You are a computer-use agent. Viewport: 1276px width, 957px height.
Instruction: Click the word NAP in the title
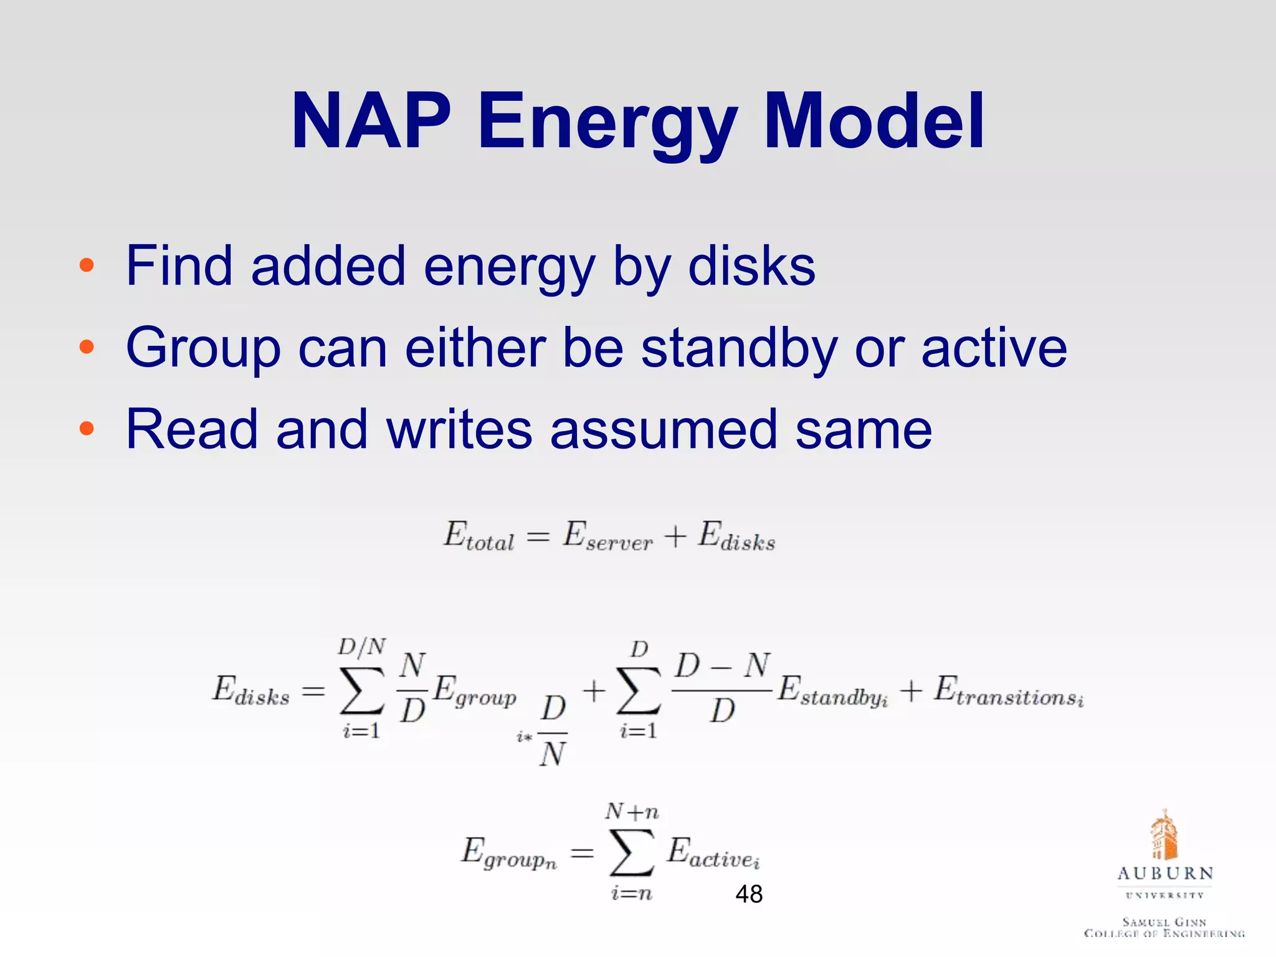click(371, 121)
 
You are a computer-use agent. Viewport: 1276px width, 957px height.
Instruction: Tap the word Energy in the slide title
click(608, 125)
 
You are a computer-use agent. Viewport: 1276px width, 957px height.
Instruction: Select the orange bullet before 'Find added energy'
click(87, 266)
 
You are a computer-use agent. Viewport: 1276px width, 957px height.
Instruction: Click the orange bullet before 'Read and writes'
click(87, 429)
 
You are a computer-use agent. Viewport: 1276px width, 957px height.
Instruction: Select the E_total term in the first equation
click(478, 537)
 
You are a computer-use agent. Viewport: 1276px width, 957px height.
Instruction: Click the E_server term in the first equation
click(607, 537)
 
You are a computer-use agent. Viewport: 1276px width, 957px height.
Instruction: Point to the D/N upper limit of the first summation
click(362, 647)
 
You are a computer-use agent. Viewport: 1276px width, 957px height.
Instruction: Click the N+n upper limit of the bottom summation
click(632, 811)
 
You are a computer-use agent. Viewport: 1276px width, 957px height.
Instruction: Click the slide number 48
click(749, 894)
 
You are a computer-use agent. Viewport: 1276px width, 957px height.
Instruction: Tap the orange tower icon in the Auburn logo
click(1164, 835)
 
